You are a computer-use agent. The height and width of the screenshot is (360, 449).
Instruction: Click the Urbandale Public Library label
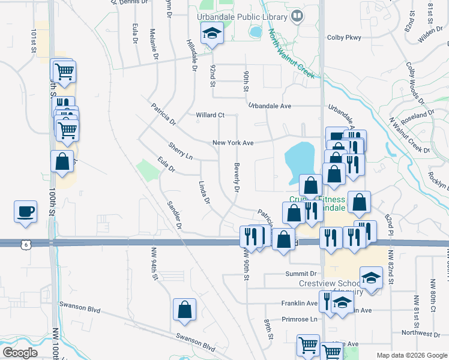point(244,17)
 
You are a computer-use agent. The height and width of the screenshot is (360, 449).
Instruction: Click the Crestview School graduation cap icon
point(371,278)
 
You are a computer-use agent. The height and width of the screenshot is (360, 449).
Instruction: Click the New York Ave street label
point(233,143)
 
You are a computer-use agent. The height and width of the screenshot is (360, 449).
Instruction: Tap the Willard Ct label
point(209,115)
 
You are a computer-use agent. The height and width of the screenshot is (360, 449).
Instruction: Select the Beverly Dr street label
point(237,178)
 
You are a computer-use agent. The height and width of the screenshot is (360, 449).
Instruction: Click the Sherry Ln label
point(180,151)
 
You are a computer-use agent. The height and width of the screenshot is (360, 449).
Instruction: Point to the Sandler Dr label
point(175,215)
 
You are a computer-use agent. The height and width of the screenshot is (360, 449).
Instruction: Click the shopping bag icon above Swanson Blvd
point(185,310)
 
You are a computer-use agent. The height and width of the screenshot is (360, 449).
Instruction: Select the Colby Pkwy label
point(345,37)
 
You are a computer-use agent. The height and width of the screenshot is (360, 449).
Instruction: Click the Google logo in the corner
point(20,353)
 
